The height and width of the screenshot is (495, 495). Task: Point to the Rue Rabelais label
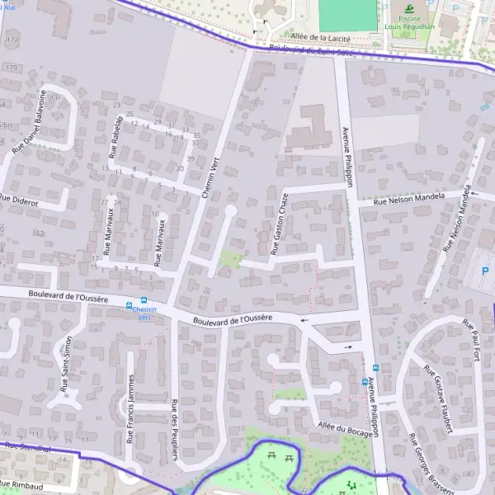pos(116,136)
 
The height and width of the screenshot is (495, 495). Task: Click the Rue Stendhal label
pos(26,447)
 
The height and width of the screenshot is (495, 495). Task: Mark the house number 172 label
pos(11,39)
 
